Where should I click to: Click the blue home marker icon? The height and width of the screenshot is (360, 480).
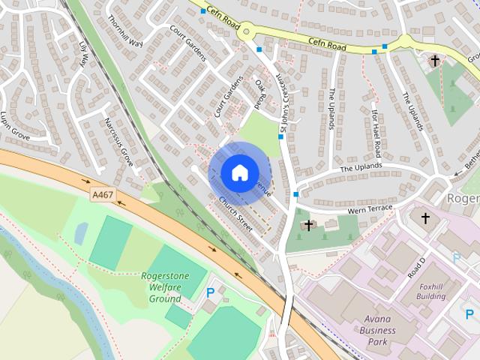(x=239, y=172)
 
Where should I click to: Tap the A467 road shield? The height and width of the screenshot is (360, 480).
(x=103, y=195)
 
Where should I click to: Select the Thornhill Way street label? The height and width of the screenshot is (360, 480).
(x=124, y=31)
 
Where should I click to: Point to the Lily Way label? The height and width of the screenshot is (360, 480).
(x=84, y=56)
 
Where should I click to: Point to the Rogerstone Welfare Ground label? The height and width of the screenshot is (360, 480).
(x=165, y=287)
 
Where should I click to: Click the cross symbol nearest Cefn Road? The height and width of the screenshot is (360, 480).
(x=434, y=59)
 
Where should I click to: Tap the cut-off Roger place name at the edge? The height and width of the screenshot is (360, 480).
(x=463, y=198)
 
